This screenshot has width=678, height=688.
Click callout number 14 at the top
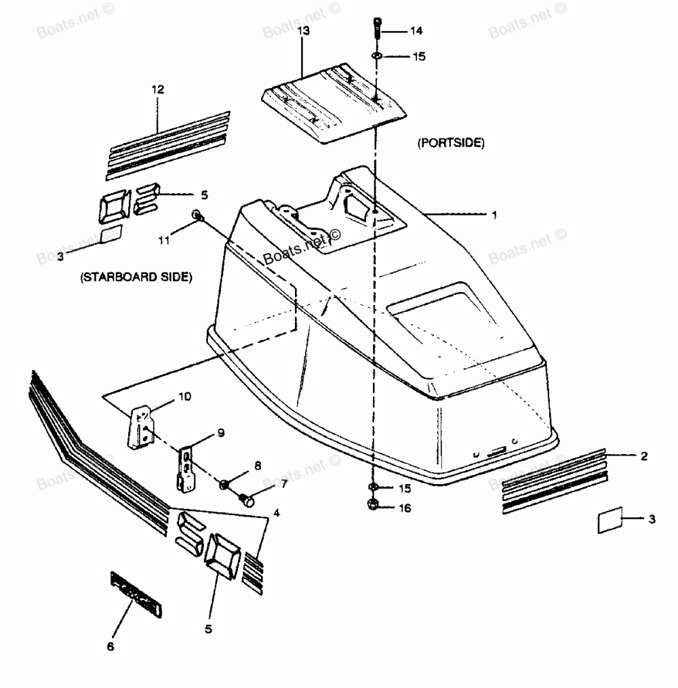[415, 31]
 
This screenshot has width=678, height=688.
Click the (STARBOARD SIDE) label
[136, 277]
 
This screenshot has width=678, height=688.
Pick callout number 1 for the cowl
[494, 215]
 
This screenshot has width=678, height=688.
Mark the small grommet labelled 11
[197, 216]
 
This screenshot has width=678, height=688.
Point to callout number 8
[258, 466]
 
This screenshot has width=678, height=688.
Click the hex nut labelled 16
[374, 505]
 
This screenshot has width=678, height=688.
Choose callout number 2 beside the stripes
[643, 456]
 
